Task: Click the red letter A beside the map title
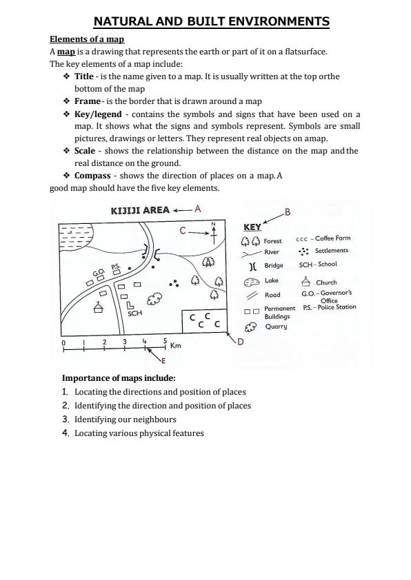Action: tap(197, 208)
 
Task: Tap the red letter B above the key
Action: tap(288, 211)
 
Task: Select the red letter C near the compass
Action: tap(183, 231)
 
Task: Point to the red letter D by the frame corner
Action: tap(240, 342)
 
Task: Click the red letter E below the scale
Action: tap(163, 360)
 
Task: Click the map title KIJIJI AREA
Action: tap(140, 210)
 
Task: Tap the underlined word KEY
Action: tap(252, 227)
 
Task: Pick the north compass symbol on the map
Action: tap(214, 232)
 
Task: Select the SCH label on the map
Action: tap(134, 313)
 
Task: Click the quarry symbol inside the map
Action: tap(156, 297)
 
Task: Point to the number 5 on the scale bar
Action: tap(165, 340)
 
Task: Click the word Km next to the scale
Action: tap(175, 346)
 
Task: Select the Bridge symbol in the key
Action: tap(252, 265)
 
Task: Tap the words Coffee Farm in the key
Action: tap(333, 239)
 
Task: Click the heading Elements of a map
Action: tap(87, 39)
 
